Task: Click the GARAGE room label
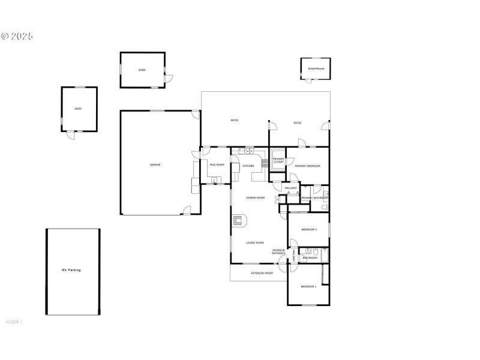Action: (155, 164)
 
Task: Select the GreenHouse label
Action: (316, 68)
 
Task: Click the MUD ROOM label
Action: (217, 164)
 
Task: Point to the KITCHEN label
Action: (248, 166)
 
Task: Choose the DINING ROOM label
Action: (256, 197)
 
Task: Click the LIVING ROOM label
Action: (255, 243)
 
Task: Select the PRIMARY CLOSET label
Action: (279, 161)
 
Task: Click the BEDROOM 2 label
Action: (309, 229)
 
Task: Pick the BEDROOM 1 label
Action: (308, 287)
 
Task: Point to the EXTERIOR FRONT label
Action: (262, 273)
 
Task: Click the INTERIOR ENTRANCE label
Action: (279, 251)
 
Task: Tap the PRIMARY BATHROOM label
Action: (314, 198)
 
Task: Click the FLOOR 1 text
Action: (14, 322)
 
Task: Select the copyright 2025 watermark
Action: (17, 36)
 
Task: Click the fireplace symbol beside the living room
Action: (239, 221)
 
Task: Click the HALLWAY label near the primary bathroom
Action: (291, 188)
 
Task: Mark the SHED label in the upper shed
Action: (142, 70)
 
